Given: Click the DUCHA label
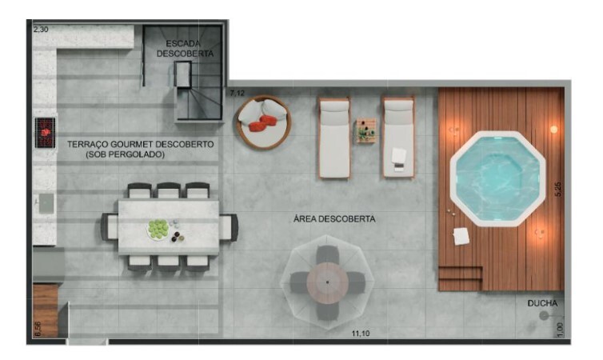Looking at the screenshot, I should click(541, 303).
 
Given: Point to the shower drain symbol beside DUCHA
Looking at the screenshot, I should click(544, 316).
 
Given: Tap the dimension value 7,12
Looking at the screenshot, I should click(238, 94).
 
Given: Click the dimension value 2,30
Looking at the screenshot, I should click(41, 29).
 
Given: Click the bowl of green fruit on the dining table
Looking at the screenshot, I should click(158, 230).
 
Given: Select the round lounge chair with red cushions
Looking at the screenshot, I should click(263, 122).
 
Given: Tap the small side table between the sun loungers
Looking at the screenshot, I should click(366, 130).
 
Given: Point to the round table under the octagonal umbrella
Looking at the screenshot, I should click(328, 282).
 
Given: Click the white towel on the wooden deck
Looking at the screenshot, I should click(461, 236).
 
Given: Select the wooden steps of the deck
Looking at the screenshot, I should click(460, 278).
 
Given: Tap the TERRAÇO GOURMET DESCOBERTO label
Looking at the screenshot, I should click(140, 145).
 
